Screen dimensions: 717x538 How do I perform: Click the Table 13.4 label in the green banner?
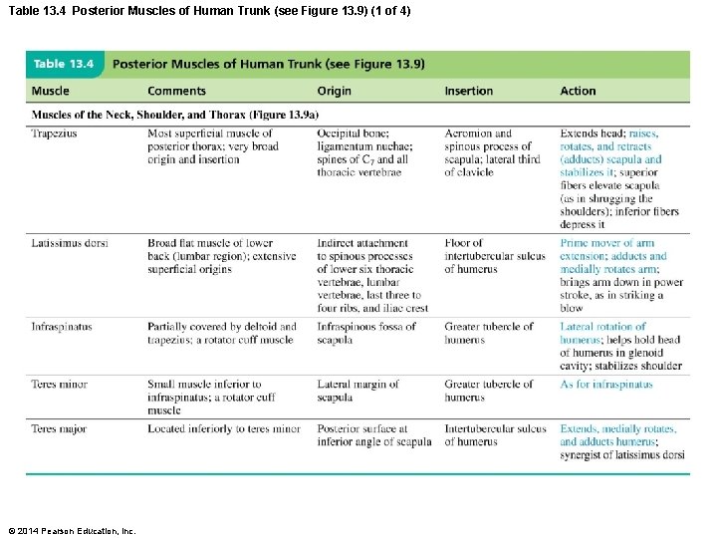(x=64, y=64)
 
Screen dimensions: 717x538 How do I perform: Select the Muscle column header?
(x=51, y=92)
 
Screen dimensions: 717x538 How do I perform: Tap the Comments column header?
(x=176, y=92)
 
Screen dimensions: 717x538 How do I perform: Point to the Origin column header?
(x=334, y=92)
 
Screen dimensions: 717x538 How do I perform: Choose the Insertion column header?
(x=468, y=92)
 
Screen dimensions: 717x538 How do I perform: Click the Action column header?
(x=578, y=92)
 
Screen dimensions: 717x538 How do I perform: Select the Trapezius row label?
(x=54, y=134)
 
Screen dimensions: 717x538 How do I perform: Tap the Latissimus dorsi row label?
(x=70, y=243)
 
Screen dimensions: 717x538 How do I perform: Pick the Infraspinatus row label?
(x=63, y=327)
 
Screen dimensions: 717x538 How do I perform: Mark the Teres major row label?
(x=59, y=429)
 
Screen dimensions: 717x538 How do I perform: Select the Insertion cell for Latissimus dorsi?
(x=494, y=256)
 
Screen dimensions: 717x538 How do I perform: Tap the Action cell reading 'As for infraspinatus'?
(x=606, y=385)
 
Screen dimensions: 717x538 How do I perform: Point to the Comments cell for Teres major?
(x=223, y=429)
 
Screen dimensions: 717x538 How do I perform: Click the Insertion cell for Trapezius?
(x=492, y=152)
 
